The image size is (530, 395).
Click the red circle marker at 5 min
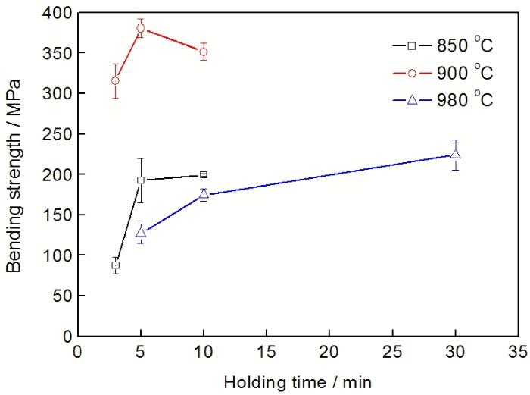(x=140, y=28)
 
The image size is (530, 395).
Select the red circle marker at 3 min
(x=115, y=80)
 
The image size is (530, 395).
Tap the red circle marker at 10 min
(x=203, y=52)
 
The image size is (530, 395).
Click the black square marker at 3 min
(x=115, y=265)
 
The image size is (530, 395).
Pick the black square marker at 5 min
(x=140, y=180)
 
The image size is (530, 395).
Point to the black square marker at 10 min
(x=203, y=174)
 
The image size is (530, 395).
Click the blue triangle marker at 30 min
(x=455, y=154)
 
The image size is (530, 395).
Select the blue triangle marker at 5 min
(x=140, y=232)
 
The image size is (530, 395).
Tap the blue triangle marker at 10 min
(x=203, y=194)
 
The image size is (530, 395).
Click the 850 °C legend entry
(x=442, y=46)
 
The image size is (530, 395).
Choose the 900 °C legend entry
(x=442, y=74)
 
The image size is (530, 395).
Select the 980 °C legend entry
(x=442, y=100)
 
